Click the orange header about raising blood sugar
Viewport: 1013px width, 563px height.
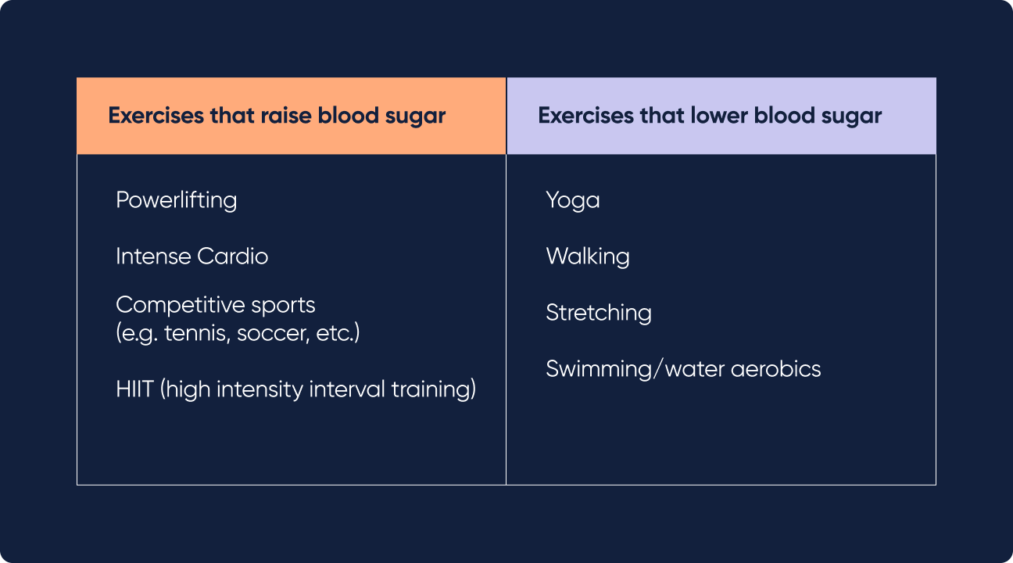[291, 116]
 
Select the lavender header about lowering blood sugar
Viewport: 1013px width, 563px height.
[721, 116]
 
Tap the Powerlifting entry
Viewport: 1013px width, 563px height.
[176, 200]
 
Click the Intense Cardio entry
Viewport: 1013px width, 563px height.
[192, 256]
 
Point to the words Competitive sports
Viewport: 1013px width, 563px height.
[215, 304]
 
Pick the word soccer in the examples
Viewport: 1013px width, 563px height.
[265, 333]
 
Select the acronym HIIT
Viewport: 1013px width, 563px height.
[134, 389]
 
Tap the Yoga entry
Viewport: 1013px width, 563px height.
[572, 200]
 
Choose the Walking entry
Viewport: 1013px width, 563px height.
[587, 256]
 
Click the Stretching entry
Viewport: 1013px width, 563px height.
[598, 313]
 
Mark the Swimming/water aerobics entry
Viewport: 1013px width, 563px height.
[682, 369]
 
